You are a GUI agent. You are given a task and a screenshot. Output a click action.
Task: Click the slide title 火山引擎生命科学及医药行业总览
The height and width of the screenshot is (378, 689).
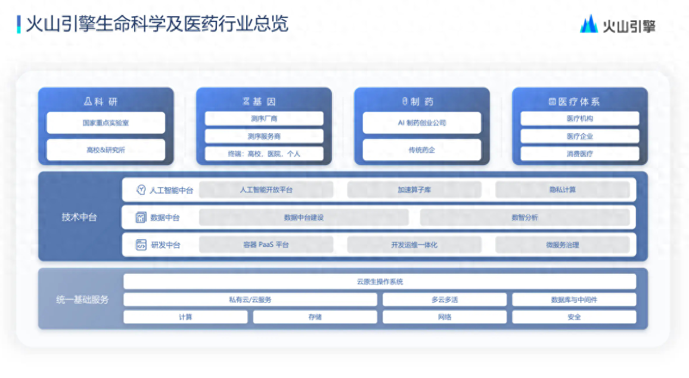coord(157,24)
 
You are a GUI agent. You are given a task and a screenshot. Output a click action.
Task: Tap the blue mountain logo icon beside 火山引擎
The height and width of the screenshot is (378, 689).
coord(589,24)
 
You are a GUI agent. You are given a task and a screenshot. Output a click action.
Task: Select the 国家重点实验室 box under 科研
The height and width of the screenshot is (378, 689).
coord(106,123)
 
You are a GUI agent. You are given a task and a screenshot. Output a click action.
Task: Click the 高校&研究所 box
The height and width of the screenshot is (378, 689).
coord(106,150)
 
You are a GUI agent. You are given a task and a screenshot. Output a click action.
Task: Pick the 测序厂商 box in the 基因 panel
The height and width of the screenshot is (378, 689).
coord(264,119)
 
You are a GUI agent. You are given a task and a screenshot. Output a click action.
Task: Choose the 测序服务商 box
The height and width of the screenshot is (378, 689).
coord(264,137)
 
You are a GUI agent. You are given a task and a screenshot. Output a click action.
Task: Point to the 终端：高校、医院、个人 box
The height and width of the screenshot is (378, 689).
coord(264,154)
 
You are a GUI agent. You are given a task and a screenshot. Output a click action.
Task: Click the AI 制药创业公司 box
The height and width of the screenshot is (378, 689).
coord(422,123)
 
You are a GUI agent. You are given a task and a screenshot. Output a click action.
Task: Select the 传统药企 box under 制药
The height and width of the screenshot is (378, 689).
coord(422,150)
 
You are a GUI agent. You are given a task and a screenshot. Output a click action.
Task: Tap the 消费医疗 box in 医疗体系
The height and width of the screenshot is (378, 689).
coord(579,154)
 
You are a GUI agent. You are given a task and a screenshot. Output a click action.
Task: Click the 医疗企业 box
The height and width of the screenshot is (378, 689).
coord(579,137)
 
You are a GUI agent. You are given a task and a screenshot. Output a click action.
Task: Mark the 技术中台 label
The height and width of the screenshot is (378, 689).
coord(79,217)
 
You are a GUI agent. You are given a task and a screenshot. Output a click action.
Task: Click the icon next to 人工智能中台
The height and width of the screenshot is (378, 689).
coord(141,190)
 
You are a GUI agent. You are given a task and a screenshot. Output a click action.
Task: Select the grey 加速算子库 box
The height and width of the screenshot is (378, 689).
coord(414,190)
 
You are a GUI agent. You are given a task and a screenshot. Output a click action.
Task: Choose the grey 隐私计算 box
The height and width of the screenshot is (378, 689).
coord(563,190)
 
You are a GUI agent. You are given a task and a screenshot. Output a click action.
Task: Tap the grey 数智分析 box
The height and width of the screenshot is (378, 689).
coord(524,217)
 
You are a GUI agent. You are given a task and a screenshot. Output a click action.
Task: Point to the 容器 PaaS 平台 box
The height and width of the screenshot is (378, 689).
coord(266,245)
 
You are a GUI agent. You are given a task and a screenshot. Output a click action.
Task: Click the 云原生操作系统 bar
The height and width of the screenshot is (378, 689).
coord(380,281)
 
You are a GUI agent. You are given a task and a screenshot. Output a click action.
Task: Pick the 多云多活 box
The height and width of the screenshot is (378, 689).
coord(445,300)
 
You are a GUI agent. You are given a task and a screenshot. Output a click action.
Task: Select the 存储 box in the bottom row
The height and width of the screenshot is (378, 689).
coord(315,317)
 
